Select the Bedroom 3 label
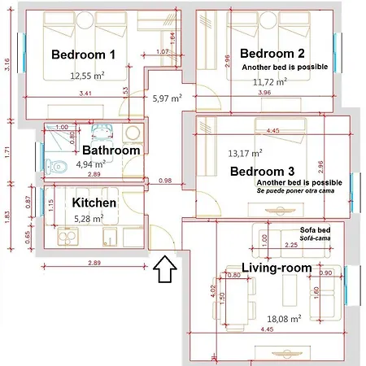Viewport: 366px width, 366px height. point(262,172)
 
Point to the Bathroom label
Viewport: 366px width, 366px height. point(111,150)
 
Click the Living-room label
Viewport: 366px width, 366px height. point(277,268)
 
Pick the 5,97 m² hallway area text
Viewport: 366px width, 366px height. point(166,98)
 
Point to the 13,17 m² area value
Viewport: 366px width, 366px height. point(245,152)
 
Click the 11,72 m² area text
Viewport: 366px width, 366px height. point(269,82)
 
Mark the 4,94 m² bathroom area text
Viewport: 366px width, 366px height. point(90,163)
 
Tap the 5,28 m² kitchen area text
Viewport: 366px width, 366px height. point(89,219)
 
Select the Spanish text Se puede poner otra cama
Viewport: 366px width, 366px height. point(298,193)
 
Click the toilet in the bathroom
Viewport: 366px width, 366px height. point(54,167)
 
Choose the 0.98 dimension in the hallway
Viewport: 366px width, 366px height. point(165,180)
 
